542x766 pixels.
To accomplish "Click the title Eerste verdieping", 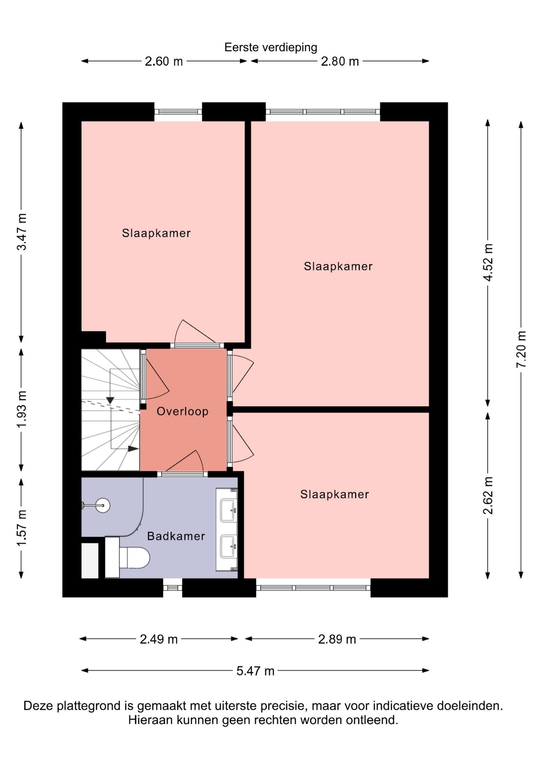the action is [271, 47].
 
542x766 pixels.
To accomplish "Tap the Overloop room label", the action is [182, 411].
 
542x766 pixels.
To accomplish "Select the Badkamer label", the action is [176, 536].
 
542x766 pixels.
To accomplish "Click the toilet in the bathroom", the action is [127, 557].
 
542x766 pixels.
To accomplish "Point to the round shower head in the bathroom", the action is [103, 505].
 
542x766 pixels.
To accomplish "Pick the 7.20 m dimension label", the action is [521, 349].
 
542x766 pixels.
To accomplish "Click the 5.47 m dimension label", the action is [255, 671].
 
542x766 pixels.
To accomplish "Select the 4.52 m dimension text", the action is [488, 263].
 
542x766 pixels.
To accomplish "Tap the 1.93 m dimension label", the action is [22, 409].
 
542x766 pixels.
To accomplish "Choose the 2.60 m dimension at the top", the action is [164, 61].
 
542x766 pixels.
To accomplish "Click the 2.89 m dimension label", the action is [337, 639].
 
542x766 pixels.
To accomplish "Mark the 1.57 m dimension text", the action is [22, 528].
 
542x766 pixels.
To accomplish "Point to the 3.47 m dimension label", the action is [22, 232].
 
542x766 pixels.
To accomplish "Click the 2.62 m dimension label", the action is [488, 495].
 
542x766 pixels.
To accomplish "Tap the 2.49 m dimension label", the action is [158, 639].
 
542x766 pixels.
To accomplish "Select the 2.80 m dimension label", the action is [340, 61].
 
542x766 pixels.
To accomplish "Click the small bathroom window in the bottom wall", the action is [172, 588].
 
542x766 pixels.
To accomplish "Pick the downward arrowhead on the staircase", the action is [110, 400].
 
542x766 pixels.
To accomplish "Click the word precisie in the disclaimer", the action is [284, 706].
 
